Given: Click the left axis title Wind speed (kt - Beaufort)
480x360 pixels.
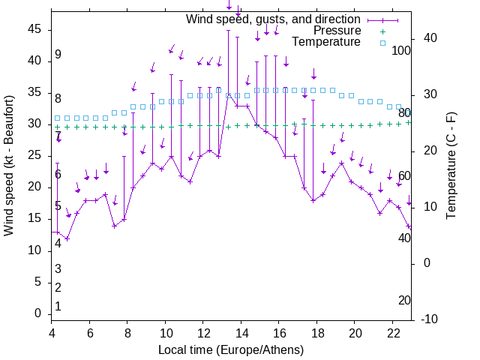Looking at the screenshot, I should tap(9, 165).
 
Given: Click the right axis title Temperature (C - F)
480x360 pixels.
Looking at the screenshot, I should tap(451, 165).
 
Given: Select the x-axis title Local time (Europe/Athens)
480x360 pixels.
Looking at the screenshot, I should tap(231, 349).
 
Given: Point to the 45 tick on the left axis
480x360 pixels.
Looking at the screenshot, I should tap(34, 29).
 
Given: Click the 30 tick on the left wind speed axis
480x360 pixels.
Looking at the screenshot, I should tap(34, 124).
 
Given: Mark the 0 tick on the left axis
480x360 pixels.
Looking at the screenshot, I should tap(38, 314).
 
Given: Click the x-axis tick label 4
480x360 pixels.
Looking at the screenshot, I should tap(52, 333).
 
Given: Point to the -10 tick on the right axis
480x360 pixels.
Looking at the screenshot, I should tap(431, 319).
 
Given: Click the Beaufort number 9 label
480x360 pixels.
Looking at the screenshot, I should tap(58, 55).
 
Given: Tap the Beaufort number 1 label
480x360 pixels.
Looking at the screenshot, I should tap(58, 306).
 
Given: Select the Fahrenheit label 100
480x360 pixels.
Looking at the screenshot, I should tap(403, 50).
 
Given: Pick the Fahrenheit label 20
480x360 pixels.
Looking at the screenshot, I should tap(404, 300).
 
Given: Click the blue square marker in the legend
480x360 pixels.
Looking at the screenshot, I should tap(382, 43).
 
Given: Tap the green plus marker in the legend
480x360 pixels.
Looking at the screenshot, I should tap(382, 31).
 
